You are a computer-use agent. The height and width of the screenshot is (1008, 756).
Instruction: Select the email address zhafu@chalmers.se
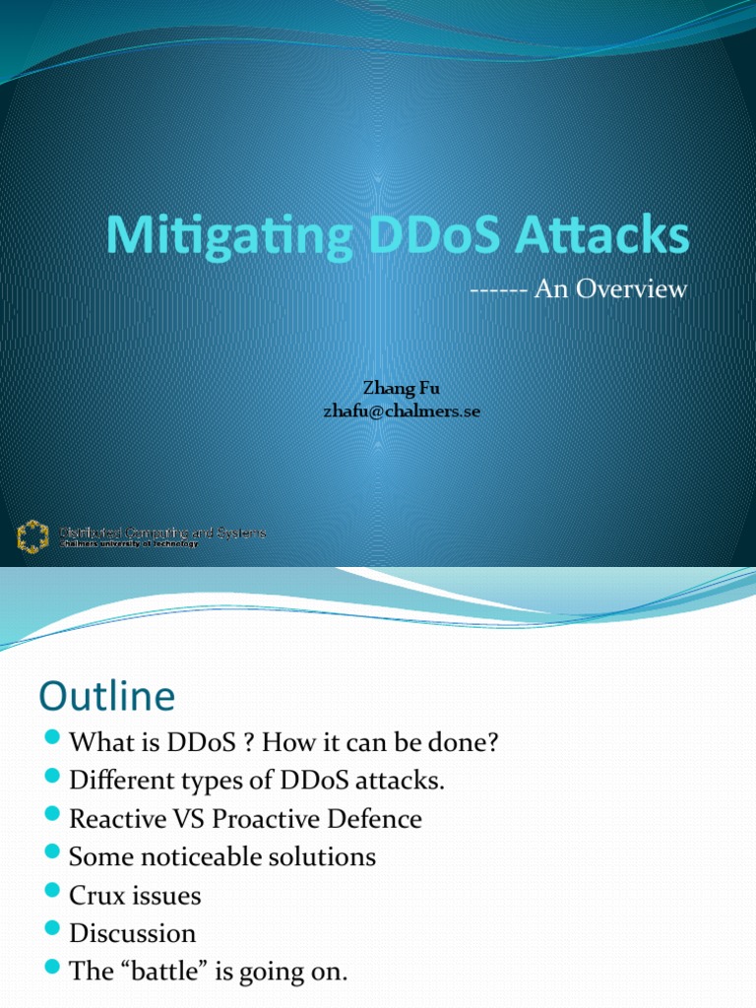coord(402,411)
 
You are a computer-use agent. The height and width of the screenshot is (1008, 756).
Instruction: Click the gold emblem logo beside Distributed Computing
coord(32,537)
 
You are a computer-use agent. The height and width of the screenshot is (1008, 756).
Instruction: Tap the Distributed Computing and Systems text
coord(163,534)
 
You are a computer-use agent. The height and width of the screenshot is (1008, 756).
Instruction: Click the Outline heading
coord(106,697)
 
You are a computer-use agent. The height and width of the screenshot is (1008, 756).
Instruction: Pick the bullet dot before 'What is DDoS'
coord(53,740)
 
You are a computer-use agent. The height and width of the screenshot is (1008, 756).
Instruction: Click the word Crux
coord(96,896)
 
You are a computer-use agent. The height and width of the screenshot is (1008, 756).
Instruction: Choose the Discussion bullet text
coord(133,933)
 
